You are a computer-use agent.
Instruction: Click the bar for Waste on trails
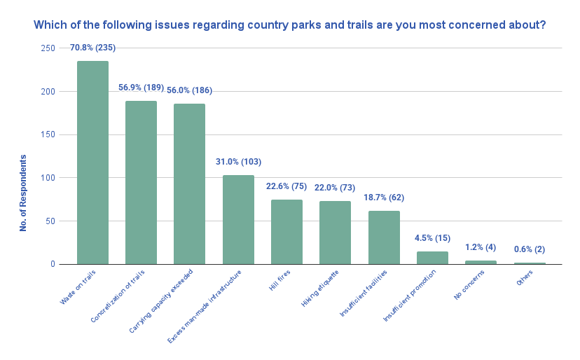point(92,162)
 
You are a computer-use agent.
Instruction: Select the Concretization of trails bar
point(141,183)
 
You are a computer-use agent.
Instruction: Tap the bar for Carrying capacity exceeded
point(189,184)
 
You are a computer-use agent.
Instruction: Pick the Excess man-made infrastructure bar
point(238,219)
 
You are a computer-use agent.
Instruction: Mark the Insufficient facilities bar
point(384,237)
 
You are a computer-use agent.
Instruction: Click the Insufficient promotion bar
point(432,258)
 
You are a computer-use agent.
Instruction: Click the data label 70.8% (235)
point(92,48)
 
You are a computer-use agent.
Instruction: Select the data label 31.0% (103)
point(238,162)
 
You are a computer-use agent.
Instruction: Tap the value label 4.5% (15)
point(432,237)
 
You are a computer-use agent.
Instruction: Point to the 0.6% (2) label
point(530,249)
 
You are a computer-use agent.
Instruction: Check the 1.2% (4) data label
point(481,247)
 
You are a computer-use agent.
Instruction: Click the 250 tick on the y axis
point(48,48)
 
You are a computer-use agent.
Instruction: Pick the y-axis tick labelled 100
point(48,178)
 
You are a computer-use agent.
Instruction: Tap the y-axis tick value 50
point(50,221)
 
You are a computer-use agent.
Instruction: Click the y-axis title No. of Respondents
point(23,193)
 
